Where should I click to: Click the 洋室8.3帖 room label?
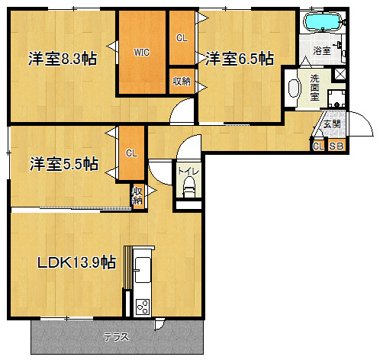pyautogui.click(x=63, y=59)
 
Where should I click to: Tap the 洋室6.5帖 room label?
pyautogui.click(x=240, y=59)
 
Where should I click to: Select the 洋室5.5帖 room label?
pyautogui.click(x=64, y=164)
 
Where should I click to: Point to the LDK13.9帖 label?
pyautogui.click(x=77, y=262)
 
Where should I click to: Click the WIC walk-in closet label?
pyautogui.click(x=142, y=53)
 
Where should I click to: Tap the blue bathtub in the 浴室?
pyautogui.click(x=323, y=21)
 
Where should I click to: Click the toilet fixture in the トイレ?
pyautogui.click(x=189, y=187)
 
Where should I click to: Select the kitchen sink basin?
pyautogui.click(x=143, y=269)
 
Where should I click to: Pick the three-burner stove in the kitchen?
pyautogui.click(x=143, y=307)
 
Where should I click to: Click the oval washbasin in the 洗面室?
pyautogui.click(x=293, y=88)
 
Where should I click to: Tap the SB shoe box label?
pyautogui.click(x=337, y=146)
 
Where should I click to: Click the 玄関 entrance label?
pyautogui.click(x=332, y=124)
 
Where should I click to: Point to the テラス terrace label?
pyautogui.click(x=116, y=337)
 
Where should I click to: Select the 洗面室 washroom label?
pyautogui.click(x=314, y=88)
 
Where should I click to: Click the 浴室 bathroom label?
pyautogui.click(x=322, y=50)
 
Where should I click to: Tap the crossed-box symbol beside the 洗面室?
pyautogui.click(x=340, y=74)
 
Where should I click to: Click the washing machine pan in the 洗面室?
pyautogui.click(x=337, y=98)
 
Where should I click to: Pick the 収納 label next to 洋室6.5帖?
pyautogui.click(x=182, y=82)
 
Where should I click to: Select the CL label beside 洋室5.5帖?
pyautogui.click(x=131, y=153)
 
